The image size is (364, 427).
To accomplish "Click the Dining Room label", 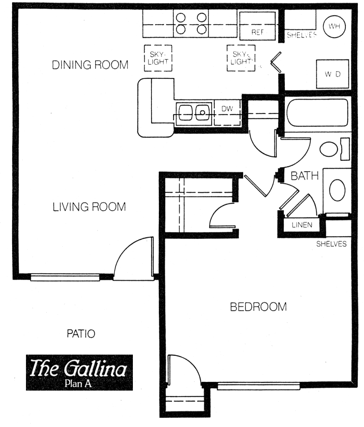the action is click(x=90, y=65).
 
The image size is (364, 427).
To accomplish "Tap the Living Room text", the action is click(x=89, y=207).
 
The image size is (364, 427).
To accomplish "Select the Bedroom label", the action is click(x=258, y=307).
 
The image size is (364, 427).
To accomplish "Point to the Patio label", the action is click(x=81, y=334).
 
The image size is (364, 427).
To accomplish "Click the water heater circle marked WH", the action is click(x=335, y=26).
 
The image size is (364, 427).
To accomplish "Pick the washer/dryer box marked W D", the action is click(x=332, y=74).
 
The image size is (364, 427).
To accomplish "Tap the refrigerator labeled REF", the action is click(x=258, y=26).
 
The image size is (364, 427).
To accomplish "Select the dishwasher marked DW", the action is click(x=227, y=113).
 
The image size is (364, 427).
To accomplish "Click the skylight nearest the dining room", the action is click(x=158, y=58).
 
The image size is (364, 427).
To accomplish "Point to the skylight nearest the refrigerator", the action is click(x=241, y=58).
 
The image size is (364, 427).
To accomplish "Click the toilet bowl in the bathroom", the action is click(x=329, y=149).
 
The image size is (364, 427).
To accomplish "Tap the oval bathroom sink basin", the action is click(x=337, y=190).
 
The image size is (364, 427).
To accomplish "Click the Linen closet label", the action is click(x=302, y=225).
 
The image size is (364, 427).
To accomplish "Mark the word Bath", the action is click(x=305, y=176).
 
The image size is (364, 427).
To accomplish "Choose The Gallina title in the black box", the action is click(x=78, y=368).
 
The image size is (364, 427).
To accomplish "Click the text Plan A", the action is click(x=78, y=383).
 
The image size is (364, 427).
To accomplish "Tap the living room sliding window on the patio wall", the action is click(x=65, y=277).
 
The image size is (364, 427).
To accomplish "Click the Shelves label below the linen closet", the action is click(x=332, y=244).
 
